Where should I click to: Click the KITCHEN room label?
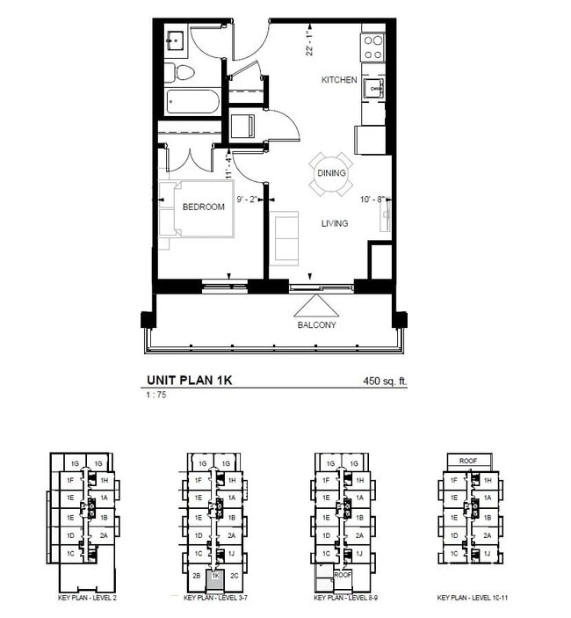pos(339,80)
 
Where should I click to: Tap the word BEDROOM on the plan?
pos(203,207)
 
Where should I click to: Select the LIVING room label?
pos(334,223)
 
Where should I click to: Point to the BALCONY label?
pos(315,324)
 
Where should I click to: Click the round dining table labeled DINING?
pos(331,174)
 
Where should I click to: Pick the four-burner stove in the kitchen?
pos(373,46)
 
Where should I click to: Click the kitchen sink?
pos(375,87)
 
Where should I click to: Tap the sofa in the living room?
pos(285,237)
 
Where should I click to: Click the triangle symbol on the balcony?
pos(315,304)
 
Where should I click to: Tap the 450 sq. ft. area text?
pos(386,382)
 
